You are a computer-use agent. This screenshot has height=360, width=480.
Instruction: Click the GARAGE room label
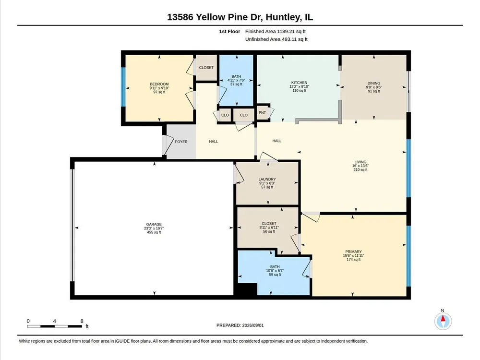coord(154,224)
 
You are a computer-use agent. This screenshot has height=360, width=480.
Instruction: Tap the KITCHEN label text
coord(299,83)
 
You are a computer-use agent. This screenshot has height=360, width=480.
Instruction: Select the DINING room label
coord(374,83)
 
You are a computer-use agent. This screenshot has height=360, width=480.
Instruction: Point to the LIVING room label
coord(360,162)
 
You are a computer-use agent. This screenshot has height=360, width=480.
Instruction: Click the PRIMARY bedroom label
coord(354,252)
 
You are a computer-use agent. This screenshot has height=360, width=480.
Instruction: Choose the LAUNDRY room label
coord(267,180)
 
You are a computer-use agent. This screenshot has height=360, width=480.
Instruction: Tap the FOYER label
coord(181,142)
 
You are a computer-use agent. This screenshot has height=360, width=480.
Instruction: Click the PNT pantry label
coord(262,113)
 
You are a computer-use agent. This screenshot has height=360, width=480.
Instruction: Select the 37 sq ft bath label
coord(236,84)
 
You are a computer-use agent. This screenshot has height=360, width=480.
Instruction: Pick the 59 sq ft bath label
coord(275,275)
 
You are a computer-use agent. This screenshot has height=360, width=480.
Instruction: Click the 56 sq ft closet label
coord(269,231)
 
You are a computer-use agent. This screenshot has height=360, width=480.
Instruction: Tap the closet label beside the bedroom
coord(206,68)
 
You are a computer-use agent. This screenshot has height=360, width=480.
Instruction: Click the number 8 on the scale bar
coord(82,321)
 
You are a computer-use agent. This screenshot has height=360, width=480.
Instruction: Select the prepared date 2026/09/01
coord(253,325)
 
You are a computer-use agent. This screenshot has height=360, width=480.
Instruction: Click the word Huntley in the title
coord(283,17)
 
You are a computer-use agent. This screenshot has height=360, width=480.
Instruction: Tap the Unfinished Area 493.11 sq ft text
coord(276,39)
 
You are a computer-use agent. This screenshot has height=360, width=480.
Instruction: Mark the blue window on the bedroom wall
coord(123,87)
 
